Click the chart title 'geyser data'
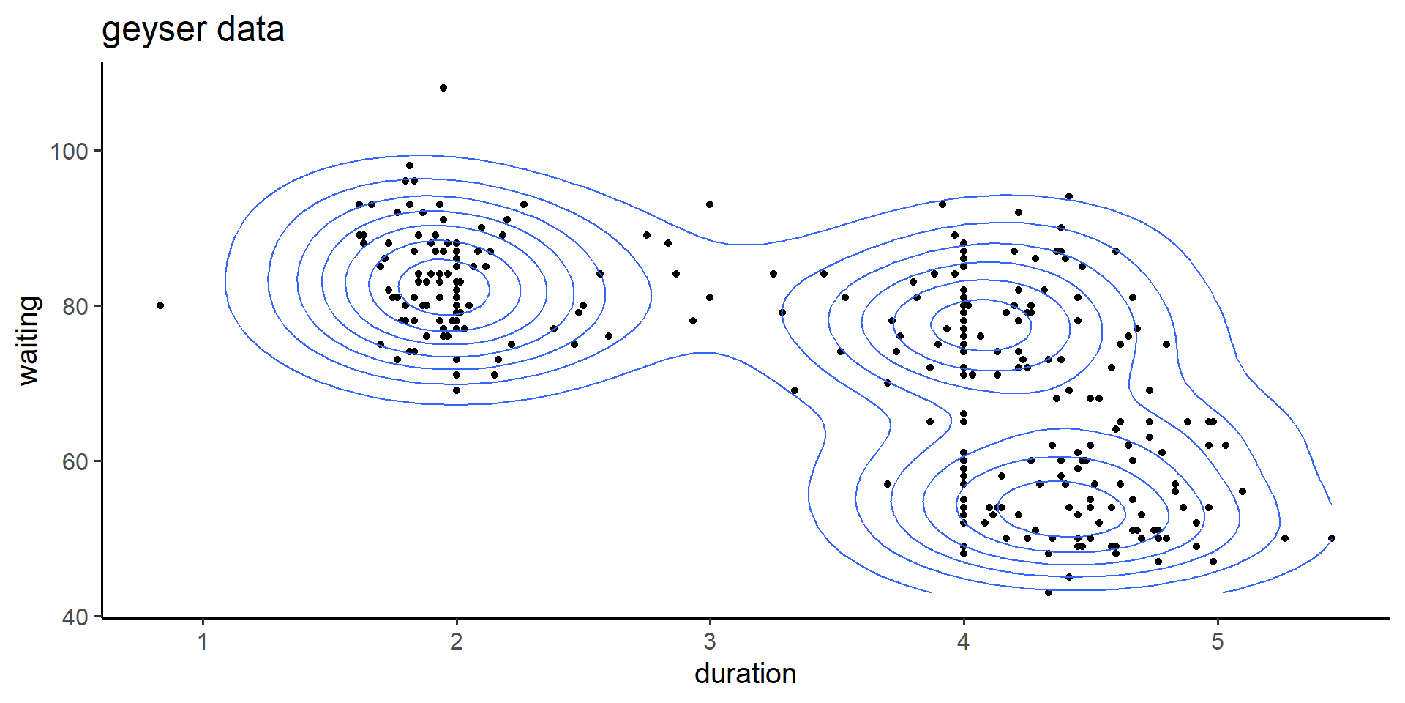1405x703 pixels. click(x=192, y=30)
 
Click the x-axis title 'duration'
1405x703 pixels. click(x=745, y=674)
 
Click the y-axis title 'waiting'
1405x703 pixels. click(x=29, y=340)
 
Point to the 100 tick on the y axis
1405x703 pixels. click(x=69, y=152)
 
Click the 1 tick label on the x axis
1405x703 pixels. click(x=203, y=642)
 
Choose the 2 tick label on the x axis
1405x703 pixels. click(x=457, y=642)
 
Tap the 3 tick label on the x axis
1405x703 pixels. click(x=710, y=642)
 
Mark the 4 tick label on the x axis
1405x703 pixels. click(x=964, y=642)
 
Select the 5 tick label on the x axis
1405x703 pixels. click(x=1217, y=642)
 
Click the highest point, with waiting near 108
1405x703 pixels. click(x=443, y=88)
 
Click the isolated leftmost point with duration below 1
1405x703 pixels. click(x=160, y=305)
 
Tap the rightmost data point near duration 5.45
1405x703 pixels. click(x=1331, y=538)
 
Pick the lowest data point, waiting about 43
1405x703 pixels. click(x=1049, y=592)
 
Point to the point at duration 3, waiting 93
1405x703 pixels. click(x=710, y=204)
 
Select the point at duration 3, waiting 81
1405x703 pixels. click(x=710, y=297)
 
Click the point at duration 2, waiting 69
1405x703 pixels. click(x=457, y=390)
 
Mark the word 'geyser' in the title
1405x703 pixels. click(x=154, y=30)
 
